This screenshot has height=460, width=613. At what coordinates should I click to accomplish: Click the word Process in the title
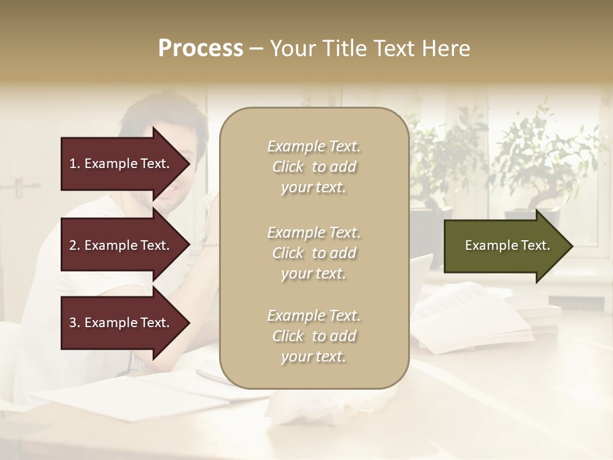pyautogui.click(x=201, y=49)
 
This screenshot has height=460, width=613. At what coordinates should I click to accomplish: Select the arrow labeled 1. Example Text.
pyautogui.click(x=121, y=164)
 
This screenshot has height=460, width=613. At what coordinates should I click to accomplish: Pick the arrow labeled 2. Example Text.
pyautogui.click(x=121, y=245)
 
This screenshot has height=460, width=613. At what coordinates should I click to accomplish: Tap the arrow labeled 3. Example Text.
pyautogui.click(x=121, y=323)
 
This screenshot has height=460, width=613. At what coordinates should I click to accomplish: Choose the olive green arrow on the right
pyautogui.click(x=504, y=245)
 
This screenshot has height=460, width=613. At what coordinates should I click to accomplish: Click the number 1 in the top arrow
pyautogui.click(x=73, y=164)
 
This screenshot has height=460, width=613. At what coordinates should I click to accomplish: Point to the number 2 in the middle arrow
pyautogui.click(x=73, y=245)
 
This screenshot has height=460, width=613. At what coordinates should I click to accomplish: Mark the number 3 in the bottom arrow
pyautogui.click(x=73, y=323)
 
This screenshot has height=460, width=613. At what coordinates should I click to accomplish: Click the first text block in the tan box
pyautogui.click(x=314, y=167)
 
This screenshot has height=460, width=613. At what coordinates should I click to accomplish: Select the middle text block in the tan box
pyautogui.click(x=314, y=253)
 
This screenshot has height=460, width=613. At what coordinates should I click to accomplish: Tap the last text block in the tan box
pyautogui.click(x=314, y=336)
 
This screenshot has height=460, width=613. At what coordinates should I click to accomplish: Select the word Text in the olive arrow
pyautogui.click(x=536, y=245)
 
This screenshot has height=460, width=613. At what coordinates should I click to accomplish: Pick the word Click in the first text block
pyautogui.click(x=288, y=167)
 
